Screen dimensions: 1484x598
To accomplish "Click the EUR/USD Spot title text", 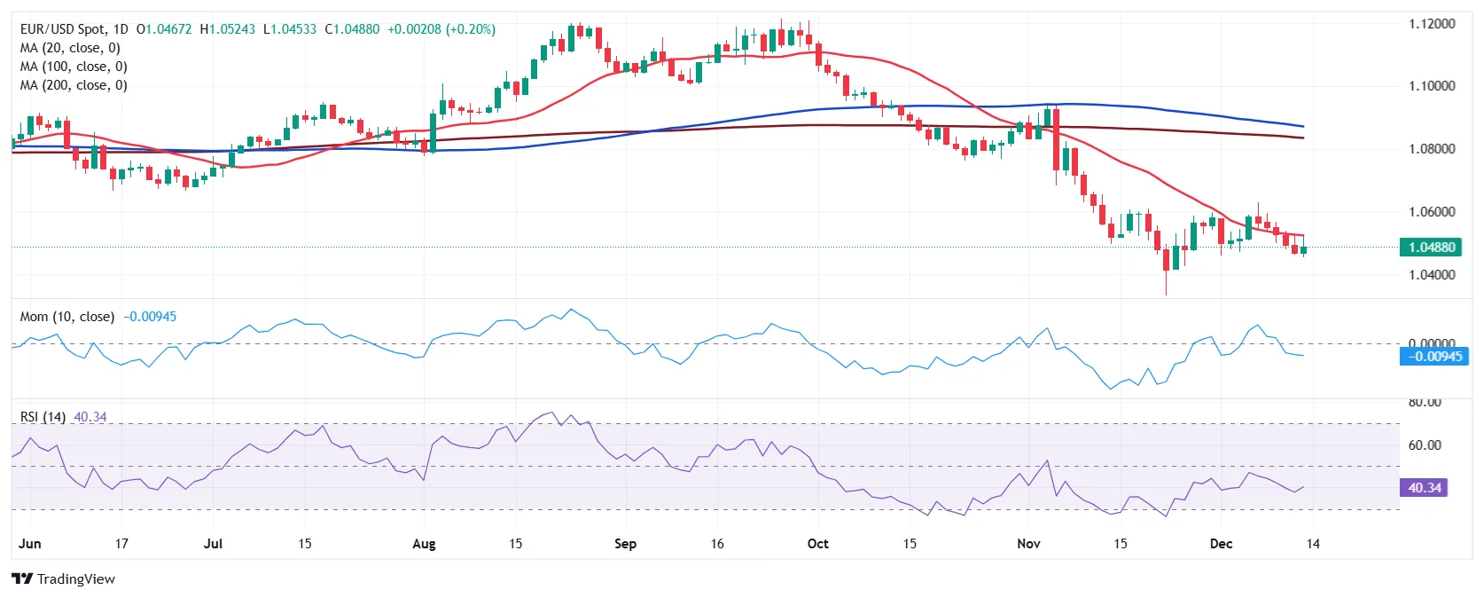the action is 63,29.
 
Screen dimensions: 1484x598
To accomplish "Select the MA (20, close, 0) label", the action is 70,48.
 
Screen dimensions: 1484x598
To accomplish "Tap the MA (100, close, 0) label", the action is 74,67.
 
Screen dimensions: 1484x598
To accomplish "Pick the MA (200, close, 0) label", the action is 74,85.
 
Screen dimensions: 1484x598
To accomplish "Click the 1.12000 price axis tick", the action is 1432,24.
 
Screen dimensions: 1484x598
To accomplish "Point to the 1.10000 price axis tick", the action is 1432,86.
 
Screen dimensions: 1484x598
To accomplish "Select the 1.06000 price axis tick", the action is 1432,212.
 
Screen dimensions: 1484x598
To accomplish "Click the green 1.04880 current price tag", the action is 1430,248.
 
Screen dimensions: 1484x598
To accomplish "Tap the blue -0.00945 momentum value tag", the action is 1433,357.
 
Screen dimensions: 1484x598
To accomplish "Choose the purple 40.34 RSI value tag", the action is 1424,488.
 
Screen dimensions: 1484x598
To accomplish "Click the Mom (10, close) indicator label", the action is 66,317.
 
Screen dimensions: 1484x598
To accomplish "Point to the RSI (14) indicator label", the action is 43,417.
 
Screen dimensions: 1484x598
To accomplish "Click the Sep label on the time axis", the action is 625,544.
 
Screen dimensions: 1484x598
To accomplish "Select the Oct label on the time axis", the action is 818,544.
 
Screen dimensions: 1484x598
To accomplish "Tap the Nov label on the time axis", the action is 1028,544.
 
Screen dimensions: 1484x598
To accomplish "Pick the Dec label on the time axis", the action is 1221,544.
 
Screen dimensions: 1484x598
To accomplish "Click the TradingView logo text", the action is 76,579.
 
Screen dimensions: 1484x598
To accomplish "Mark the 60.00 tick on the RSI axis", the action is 1425,445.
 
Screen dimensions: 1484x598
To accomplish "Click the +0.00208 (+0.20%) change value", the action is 441,29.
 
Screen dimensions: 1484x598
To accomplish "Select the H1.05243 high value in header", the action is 227,29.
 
